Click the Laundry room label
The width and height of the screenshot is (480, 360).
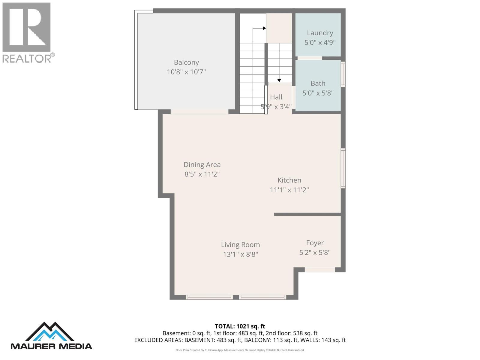coord(320,33)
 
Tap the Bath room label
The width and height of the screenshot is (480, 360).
coord(318,83)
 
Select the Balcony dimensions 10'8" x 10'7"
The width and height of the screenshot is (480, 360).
coord(186,72)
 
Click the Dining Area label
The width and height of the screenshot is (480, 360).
coord(202,165)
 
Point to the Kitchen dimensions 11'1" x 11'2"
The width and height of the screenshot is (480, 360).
coord(289,190)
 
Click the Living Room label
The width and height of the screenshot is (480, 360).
coord(240,245)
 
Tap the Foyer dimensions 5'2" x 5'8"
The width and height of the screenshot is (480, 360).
coord(315,253)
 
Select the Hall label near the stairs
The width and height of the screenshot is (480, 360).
coord(276,97)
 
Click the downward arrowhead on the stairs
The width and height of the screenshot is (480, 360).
coord(279,80)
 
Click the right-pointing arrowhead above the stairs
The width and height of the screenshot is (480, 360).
coord(264,28)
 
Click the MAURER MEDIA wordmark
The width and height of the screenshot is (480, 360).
coord(51,346)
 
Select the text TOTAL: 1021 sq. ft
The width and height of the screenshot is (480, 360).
coord(240,326)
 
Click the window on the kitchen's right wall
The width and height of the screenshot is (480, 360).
coord(343,168)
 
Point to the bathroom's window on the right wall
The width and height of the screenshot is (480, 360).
coord(343,74)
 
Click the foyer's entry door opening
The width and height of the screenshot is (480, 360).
coord(320,270)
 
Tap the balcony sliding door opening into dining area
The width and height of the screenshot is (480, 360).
coord(199,112)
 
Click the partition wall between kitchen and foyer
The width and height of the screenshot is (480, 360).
coord(307,214)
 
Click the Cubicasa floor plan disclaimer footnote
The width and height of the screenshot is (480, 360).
coord(240,350)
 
